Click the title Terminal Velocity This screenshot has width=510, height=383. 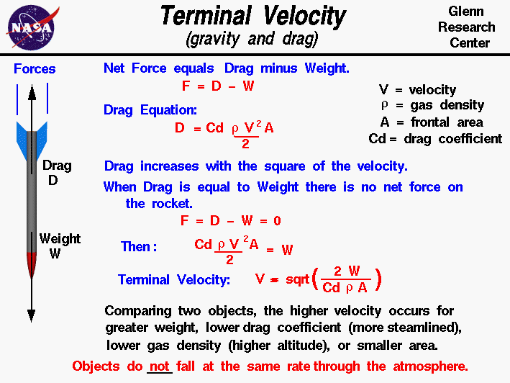coord(252,17)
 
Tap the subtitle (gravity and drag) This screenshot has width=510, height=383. coord(252,39)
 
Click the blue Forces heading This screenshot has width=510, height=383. coord(35,69)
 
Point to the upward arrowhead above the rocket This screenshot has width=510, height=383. coord(32,91)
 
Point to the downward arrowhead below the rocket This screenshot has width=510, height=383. coord(32,314)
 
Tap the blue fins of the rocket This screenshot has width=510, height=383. coord(32,132)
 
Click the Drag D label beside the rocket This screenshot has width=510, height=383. coord(57,173)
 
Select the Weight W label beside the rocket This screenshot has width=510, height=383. coord(60,245)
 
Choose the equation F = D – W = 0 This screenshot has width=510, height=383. coord(230,221)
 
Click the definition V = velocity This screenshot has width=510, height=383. coord(417,90)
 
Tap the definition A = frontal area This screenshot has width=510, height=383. coord(432,122)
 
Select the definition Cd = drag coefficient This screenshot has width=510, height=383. coord(434,139)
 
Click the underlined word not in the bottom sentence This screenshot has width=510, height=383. coord(160,366)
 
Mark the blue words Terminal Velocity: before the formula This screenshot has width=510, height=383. coord(174,280)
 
